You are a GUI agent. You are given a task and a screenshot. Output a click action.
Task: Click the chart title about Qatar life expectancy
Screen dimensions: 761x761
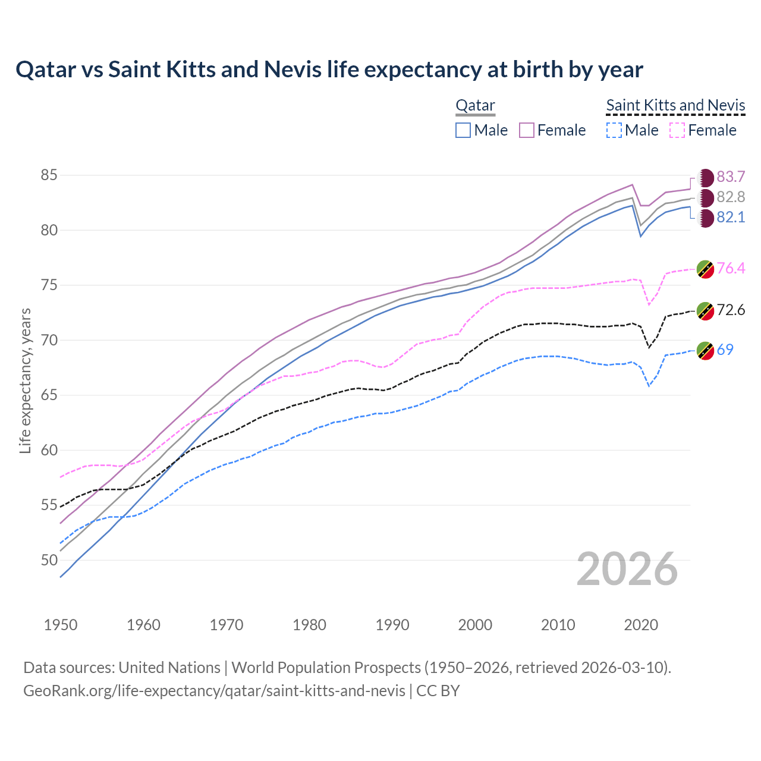[329, 70]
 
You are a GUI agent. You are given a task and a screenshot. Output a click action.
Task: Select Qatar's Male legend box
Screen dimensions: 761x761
[463, 130]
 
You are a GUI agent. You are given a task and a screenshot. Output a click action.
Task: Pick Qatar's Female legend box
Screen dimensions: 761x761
[527, 130]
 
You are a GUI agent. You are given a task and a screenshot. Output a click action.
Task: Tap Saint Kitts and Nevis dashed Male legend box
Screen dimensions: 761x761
[614, 130]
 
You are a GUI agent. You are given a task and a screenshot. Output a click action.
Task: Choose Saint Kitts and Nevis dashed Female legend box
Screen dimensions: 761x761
[677, 130]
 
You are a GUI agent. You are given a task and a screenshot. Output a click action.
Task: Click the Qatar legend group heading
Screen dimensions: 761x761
[475, 106]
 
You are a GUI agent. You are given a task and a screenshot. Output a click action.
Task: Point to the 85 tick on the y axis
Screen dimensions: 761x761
[49, 175]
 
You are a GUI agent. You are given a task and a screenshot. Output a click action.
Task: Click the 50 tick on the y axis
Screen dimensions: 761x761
[49, 560]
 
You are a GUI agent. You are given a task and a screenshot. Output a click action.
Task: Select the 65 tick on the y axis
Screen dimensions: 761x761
[49, 395]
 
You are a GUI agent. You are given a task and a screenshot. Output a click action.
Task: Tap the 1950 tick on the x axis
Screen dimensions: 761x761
[61, 625]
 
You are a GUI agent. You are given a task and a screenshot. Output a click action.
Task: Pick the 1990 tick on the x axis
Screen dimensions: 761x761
[392, 625]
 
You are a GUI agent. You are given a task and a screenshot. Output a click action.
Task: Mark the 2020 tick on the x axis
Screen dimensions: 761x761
[641, 625]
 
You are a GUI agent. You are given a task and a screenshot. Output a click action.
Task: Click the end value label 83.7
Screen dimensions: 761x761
[731, 177]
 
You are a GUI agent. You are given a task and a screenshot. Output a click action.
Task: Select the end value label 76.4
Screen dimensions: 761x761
[731, 268]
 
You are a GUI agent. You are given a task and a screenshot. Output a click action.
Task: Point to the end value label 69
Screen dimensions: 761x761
[725, 350]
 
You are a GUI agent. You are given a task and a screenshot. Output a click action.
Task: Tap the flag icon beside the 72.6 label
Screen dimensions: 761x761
[705, 310]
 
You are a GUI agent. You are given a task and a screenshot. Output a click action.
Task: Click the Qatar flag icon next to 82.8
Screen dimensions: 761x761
[705, 197]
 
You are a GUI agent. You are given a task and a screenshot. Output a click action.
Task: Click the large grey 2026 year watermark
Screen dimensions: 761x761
[627, 570]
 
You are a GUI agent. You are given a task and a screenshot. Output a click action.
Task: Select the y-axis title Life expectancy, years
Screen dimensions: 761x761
[25, 380]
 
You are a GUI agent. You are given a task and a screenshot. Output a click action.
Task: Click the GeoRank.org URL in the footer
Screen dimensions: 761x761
[214, 691]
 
